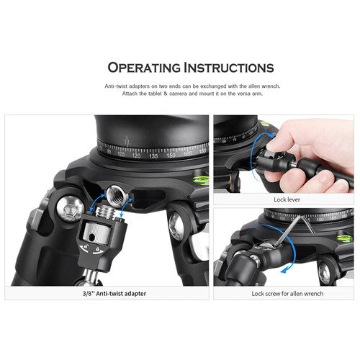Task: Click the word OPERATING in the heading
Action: click(144, 68)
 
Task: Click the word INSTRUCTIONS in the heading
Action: click(229, 68)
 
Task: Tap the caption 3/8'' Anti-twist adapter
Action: click(114, 293)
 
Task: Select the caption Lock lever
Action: click(287, 199)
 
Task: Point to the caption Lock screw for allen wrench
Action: click(287, 293)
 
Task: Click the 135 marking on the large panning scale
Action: click(153, 156)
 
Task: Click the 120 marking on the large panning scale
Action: click(136, 156)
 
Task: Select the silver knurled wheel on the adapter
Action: click(97, 234)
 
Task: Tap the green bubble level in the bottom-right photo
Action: click(344, 238)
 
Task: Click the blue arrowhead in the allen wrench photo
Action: click(284, 271)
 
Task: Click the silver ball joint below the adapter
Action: click(91, 276)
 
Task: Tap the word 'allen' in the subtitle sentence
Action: click(254, 86)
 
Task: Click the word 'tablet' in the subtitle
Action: click(155, 94)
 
